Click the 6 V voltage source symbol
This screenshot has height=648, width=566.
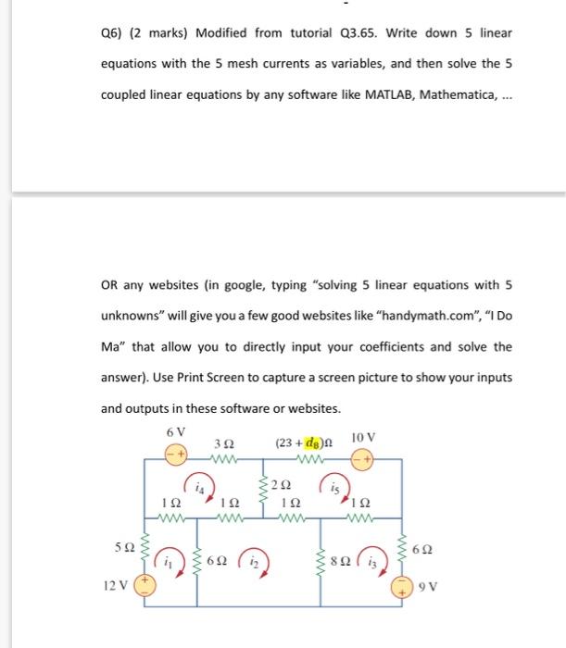[x=176, y=457]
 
